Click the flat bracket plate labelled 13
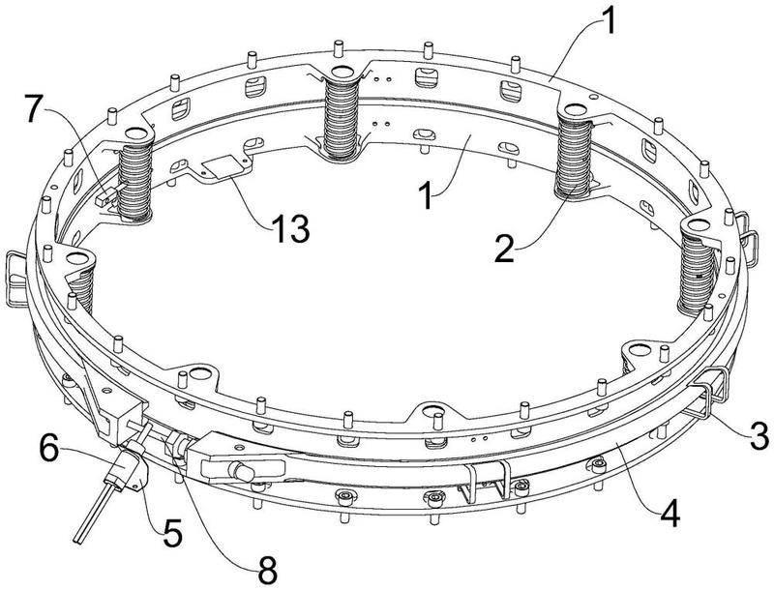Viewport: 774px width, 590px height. click(221, 170)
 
